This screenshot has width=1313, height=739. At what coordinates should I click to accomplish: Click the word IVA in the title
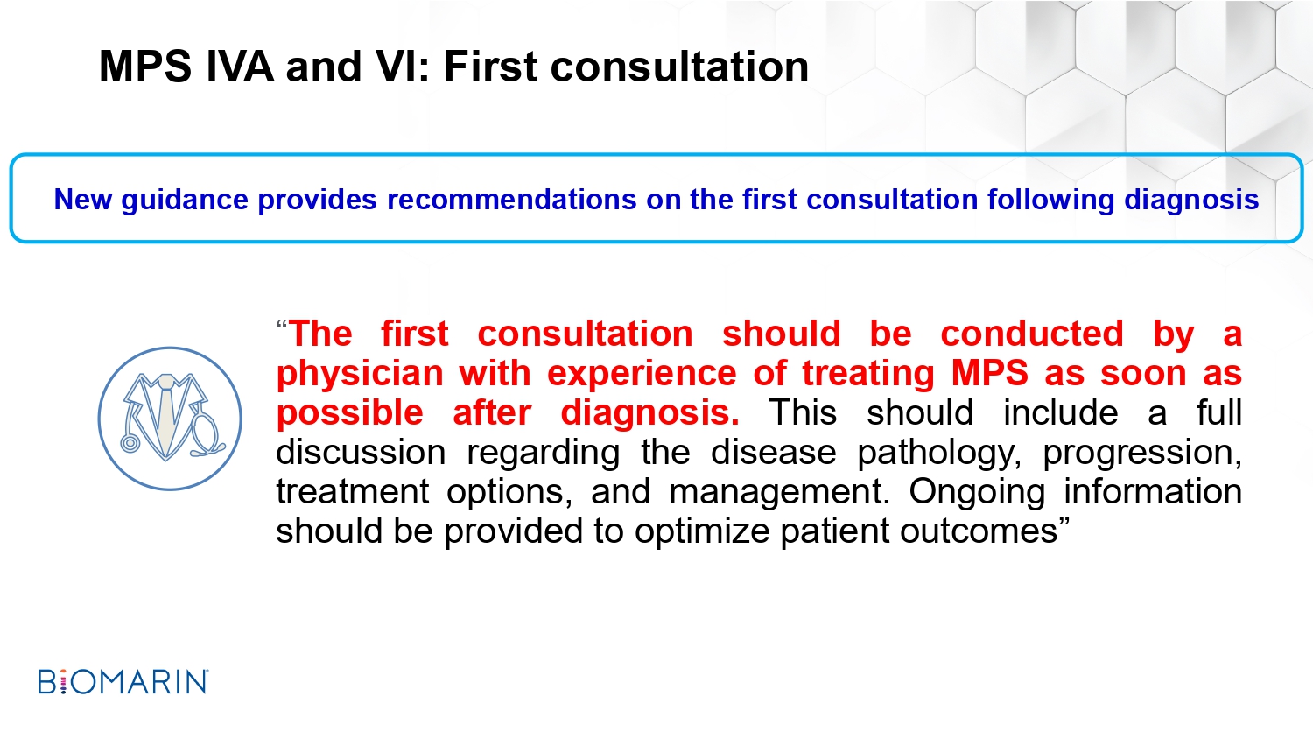(240, 67)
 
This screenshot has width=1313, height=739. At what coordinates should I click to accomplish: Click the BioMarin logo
(123, 681)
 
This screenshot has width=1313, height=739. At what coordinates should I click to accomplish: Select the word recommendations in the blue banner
(512, 200)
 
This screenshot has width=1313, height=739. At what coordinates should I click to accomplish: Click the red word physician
(360, 375)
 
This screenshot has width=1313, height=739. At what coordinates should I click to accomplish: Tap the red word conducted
(1032, 334)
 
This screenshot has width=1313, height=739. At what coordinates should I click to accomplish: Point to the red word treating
(868, 375)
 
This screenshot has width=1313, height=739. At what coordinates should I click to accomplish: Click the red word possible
(349, 413)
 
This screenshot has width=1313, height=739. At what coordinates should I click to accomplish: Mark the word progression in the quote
(1142, 454)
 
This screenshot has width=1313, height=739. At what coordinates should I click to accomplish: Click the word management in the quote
(780, 493)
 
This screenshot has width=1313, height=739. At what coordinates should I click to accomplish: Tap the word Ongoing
(977, 493)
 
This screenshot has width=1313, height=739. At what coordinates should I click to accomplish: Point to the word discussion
(361, 453)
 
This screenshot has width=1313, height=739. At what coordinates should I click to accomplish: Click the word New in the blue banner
(82, 200)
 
